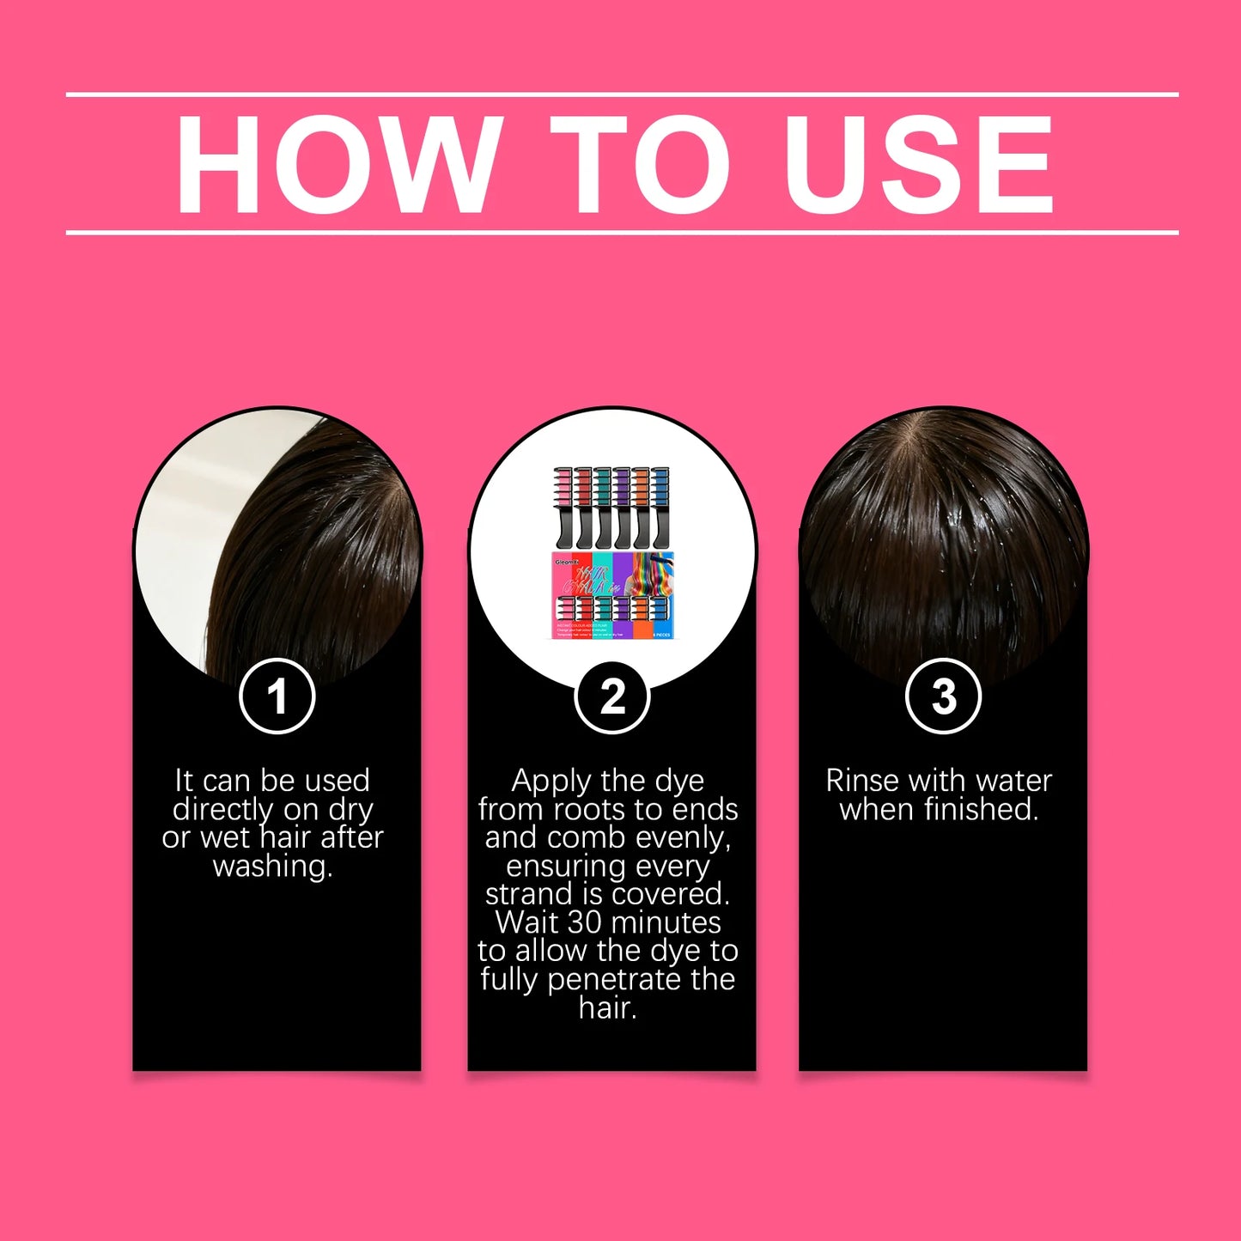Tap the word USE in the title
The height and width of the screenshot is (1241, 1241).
click(x=918, y=163)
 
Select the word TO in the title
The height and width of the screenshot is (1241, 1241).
click(x=639, y=163)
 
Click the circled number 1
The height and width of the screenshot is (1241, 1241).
click(x=277, y=696)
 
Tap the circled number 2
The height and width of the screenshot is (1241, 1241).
click(x=612, y=696)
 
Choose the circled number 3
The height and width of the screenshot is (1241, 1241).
click(x=943, y=696)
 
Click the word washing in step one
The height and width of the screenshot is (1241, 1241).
click(x=272, y=866)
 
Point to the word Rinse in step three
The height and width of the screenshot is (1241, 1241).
click(x=863, y=781)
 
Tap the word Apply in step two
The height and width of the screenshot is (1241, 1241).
click(x=551, y=781)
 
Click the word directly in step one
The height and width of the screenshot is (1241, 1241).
click(x=222, y=809)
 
